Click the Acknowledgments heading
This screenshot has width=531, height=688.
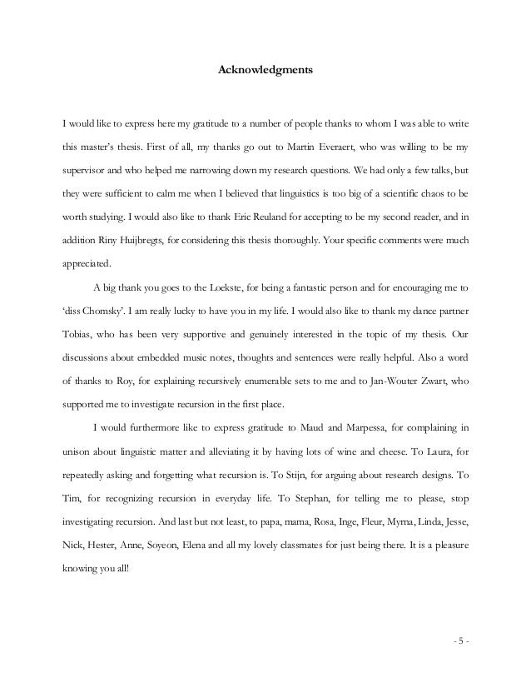pos(265,71)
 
